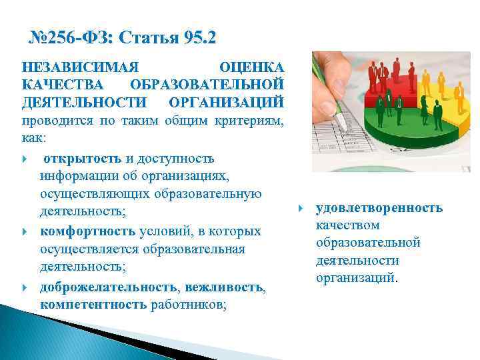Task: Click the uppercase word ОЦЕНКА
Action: pyautogui.click(x=251, y=68)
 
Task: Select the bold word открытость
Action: pyautogui.click(x=83, y=159)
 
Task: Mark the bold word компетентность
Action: pyautogui.click(x=93, y=305)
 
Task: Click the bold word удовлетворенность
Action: pyautogui.click(x=379, y=208)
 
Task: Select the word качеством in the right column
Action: pyautogui.click(x=347, y=225)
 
